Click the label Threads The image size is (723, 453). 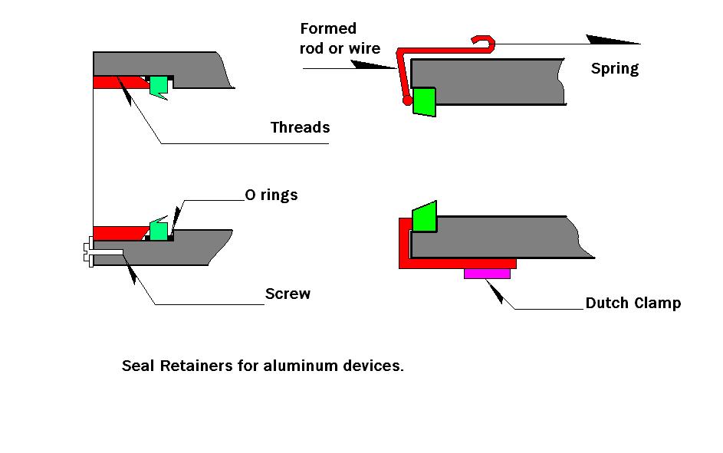[x=300, y=128]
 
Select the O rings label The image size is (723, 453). [x=271, y=195]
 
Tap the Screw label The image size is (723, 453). [x=288, y=294]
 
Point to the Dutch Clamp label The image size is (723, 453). [x=633, y=303]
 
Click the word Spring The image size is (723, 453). [x=614, y=69]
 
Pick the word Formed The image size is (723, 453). [x=328, y=29]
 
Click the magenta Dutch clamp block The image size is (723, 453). [x=487, y=274]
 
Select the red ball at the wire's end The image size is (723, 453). [x=407, y=100]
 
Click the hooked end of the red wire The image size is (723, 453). [x=483, y=41]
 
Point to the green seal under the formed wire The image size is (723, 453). [x=424, y=102]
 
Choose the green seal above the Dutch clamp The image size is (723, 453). [x=425, y=217]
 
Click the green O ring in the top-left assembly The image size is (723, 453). [x=159, y=86]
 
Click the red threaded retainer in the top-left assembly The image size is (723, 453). [x=115, y=81]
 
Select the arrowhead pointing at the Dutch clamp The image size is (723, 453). [x=496, y=291]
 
